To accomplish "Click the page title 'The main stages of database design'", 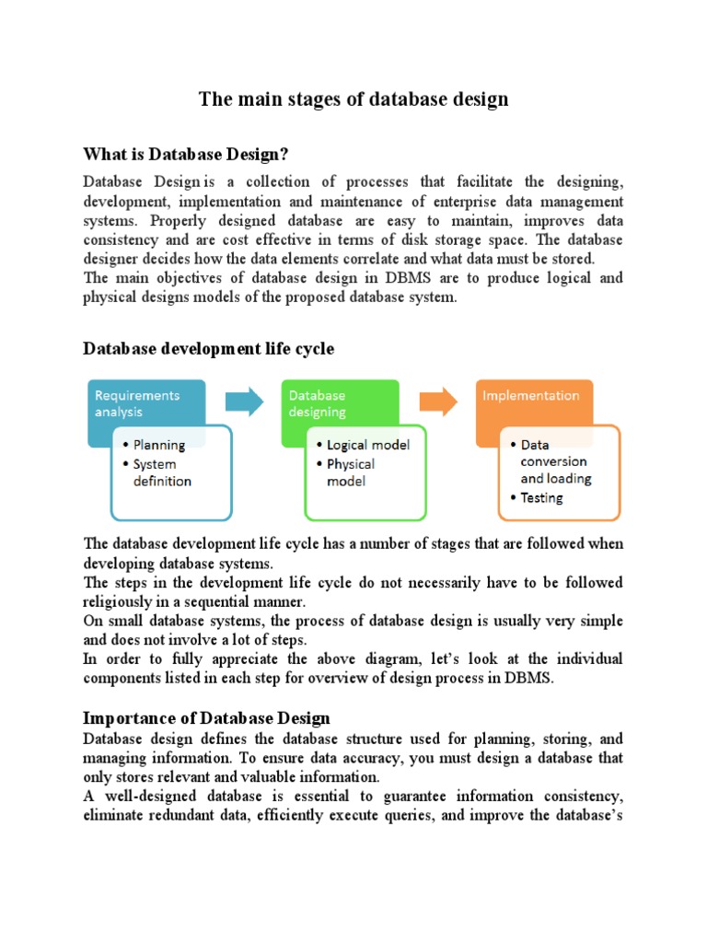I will pyautogui.click(x=353, y=99).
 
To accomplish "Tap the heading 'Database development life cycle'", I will pyautogui.click(x=209, y=348).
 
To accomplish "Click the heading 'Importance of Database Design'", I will pyautogui.click(x=206, y=717).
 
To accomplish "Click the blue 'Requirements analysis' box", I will pyautogui.click(x=137, y=403).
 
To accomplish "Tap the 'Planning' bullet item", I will pyautogui.click(x=159, y=445).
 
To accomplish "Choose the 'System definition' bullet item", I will pyautogui.click(x=162, y=472).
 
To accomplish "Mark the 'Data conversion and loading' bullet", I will pyautogui.click(x=556, y=461).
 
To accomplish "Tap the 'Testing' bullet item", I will pyautogui.click(x=541, y=497).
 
